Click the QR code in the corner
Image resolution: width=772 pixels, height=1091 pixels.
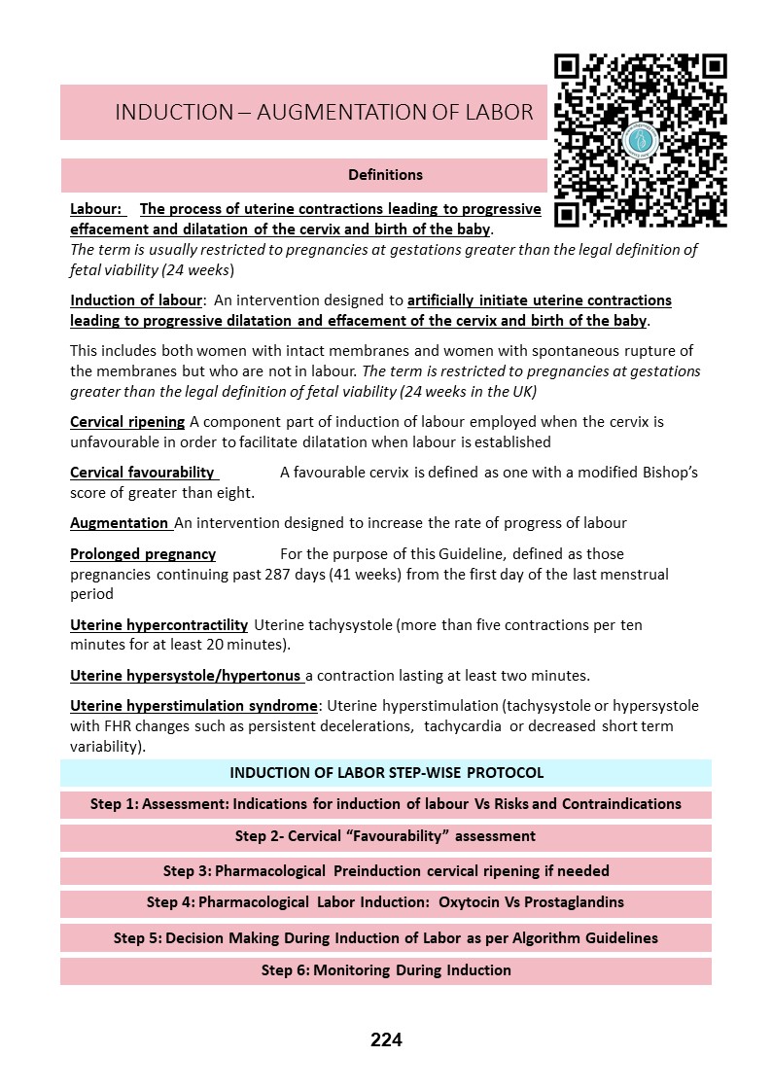pos(640,140)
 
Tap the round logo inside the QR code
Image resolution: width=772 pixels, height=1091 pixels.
pos(644,140)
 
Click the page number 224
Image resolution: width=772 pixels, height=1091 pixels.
pos(386,1040)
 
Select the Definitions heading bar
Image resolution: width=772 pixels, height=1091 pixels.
pos(386,175)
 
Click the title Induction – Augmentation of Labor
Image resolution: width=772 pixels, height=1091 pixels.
pos(324,112)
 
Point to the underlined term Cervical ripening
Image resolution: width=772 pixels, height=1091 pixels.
pos(127,422)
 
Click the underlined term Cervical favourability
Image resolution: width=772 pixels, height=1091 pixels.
pos(144,473)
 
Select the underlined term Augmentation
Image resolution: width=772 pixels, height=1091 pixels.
pos(120,523)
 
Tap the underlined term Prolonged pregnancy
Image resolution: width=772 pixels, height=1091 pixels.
pos(143,554)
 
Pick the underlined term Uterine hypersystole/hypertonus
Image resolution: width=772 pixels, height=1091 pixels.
pos(186,675)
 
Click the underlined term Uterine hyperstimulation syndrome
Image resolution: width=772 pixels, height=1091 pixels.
pos(193,706)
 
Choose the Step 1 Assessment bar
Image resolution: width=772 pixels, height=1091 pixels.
pos(386,804)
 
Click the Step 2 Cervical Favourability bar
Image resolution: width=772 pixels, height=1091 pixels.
pos(386,836)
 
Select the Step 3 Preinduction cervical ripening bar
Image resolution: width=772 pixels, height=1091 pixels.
pos(386,870)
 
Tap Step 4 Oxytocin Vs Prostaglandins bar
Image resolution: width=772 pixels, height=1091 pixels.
pos(386,902)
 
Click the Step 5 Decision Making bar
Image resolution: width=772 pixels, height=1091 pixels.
pos(386,938)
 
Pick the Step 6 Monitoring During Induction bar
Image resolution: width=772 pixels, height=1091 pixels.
pos(386,970)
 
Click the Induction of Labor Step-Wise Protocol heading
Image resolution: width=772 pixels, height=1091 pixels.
pos(386,773)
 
